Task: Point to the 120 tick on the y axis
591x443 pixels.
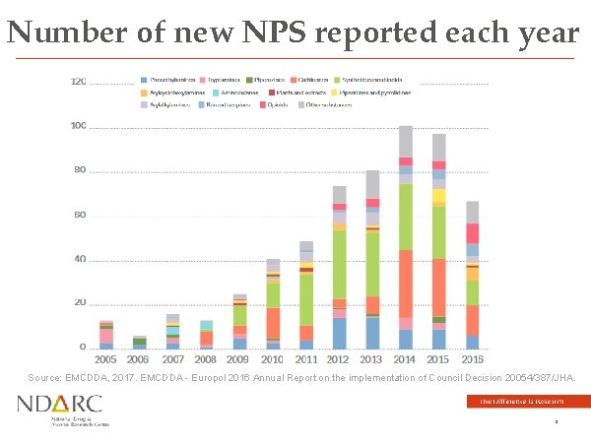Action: point(78,82)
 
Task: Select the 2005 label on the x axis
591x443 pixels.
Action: point(105,360)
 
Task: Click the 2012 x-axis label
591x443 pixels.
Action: point(339,360)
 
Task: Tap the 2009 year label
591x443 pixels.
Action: point(239,360)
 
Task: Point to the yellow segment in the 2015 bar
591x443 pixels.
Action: point(438,196)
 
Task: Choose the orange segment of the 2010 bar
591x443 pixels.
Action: point(272,323)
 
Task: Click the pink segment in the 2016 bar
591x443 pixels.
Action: point(472,232)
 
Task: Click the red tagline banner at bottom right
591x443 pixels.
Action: point(528,401)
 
